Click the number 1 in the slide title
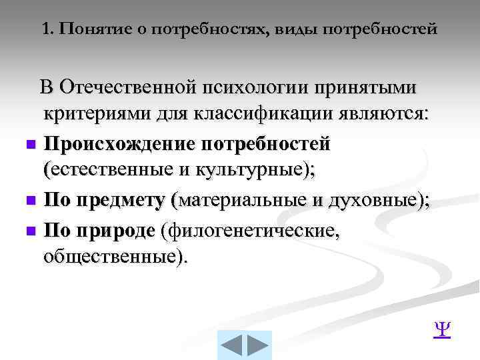coord(45,29)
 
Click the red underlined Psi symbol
coord(442,330)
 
